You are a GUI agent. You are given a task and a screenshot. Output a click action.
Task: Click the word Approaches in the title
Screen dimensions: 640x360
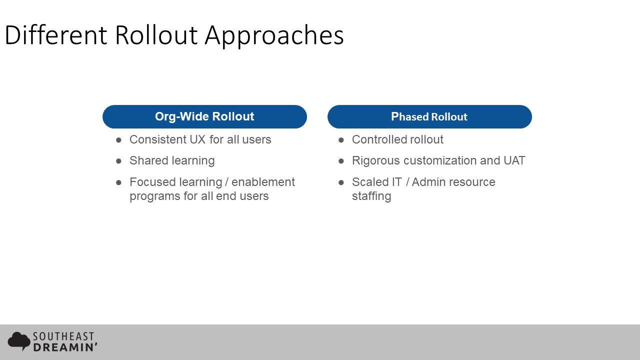click(x=274, y=36)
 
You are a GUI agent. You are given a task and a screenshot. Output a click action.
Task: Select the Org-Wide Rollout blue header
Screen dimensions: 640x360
click(x=204, y=116)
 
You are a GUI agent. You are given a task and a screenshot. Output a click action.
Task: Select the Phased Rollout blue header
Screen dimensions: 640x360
click(x=429, y=116)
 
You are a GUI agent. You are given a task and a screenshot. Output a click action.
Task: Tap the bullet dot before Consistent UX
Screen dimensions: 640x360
click(x=119, y=140)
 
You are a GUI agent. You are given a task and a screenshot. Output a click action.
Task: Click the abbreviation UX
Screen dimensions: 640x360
click(x=198, y=139)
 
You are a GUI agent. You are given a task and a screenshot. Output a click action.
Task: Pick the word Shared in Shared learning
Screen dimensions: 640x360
click(x=148, y=160)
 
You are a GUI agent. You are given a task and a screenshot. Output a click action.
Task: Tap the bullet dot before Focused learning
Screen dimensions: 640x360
click(x=119, y=182)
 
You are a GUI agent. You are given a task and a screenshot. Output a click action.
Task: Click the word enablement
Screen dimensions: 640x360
click(x=263, y=182)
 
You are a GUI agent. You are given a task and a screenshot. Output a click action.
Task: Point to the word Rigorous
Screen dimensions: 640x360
click(x=376, y=161)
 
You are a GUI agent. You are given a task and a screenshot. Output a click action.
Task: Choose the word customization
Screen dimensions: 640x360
click(x=440, y=160)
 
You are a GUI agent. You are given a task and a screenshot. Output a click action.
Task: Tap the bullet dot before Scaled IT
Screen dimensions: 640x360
click(x=341, y=182)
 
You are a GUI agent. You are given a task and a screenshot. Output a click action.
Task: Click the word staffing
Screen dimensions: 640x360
click(x=371, y=196)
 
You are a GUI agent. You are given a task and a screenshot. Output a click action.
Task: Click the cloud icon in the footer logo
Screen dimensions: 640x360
click(x=19, y=341)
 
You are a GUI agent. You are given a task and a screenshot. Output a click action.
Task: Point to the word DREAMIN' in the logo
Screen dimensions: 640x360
click(x=65, y=347)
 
